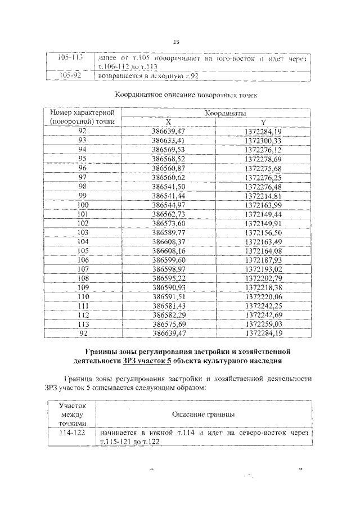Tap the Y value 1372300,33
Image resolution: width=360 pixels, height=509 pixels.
tap(263, 140)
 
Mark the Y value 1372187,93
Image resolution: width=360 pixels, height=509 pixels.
tap(263, 260)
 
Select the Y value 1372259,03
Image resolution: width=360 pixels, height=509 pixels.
tap(263, 324)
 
